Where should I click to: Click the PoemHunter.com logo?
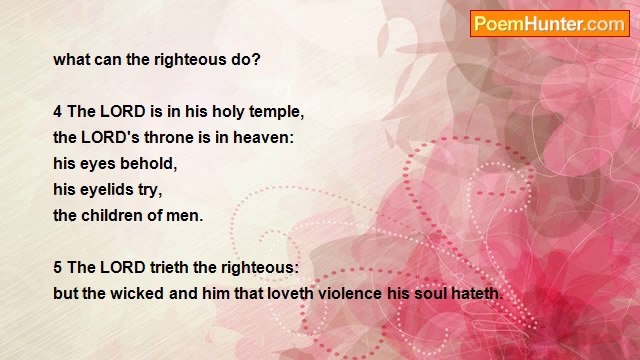coord(549,24)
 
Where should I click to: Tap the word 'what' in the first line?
coord(71,59)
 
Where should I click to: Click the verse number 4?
coord(58,111)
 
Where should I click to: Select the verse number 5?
coord(58,269)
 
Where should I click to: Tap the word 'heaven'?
coord(262,137)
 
